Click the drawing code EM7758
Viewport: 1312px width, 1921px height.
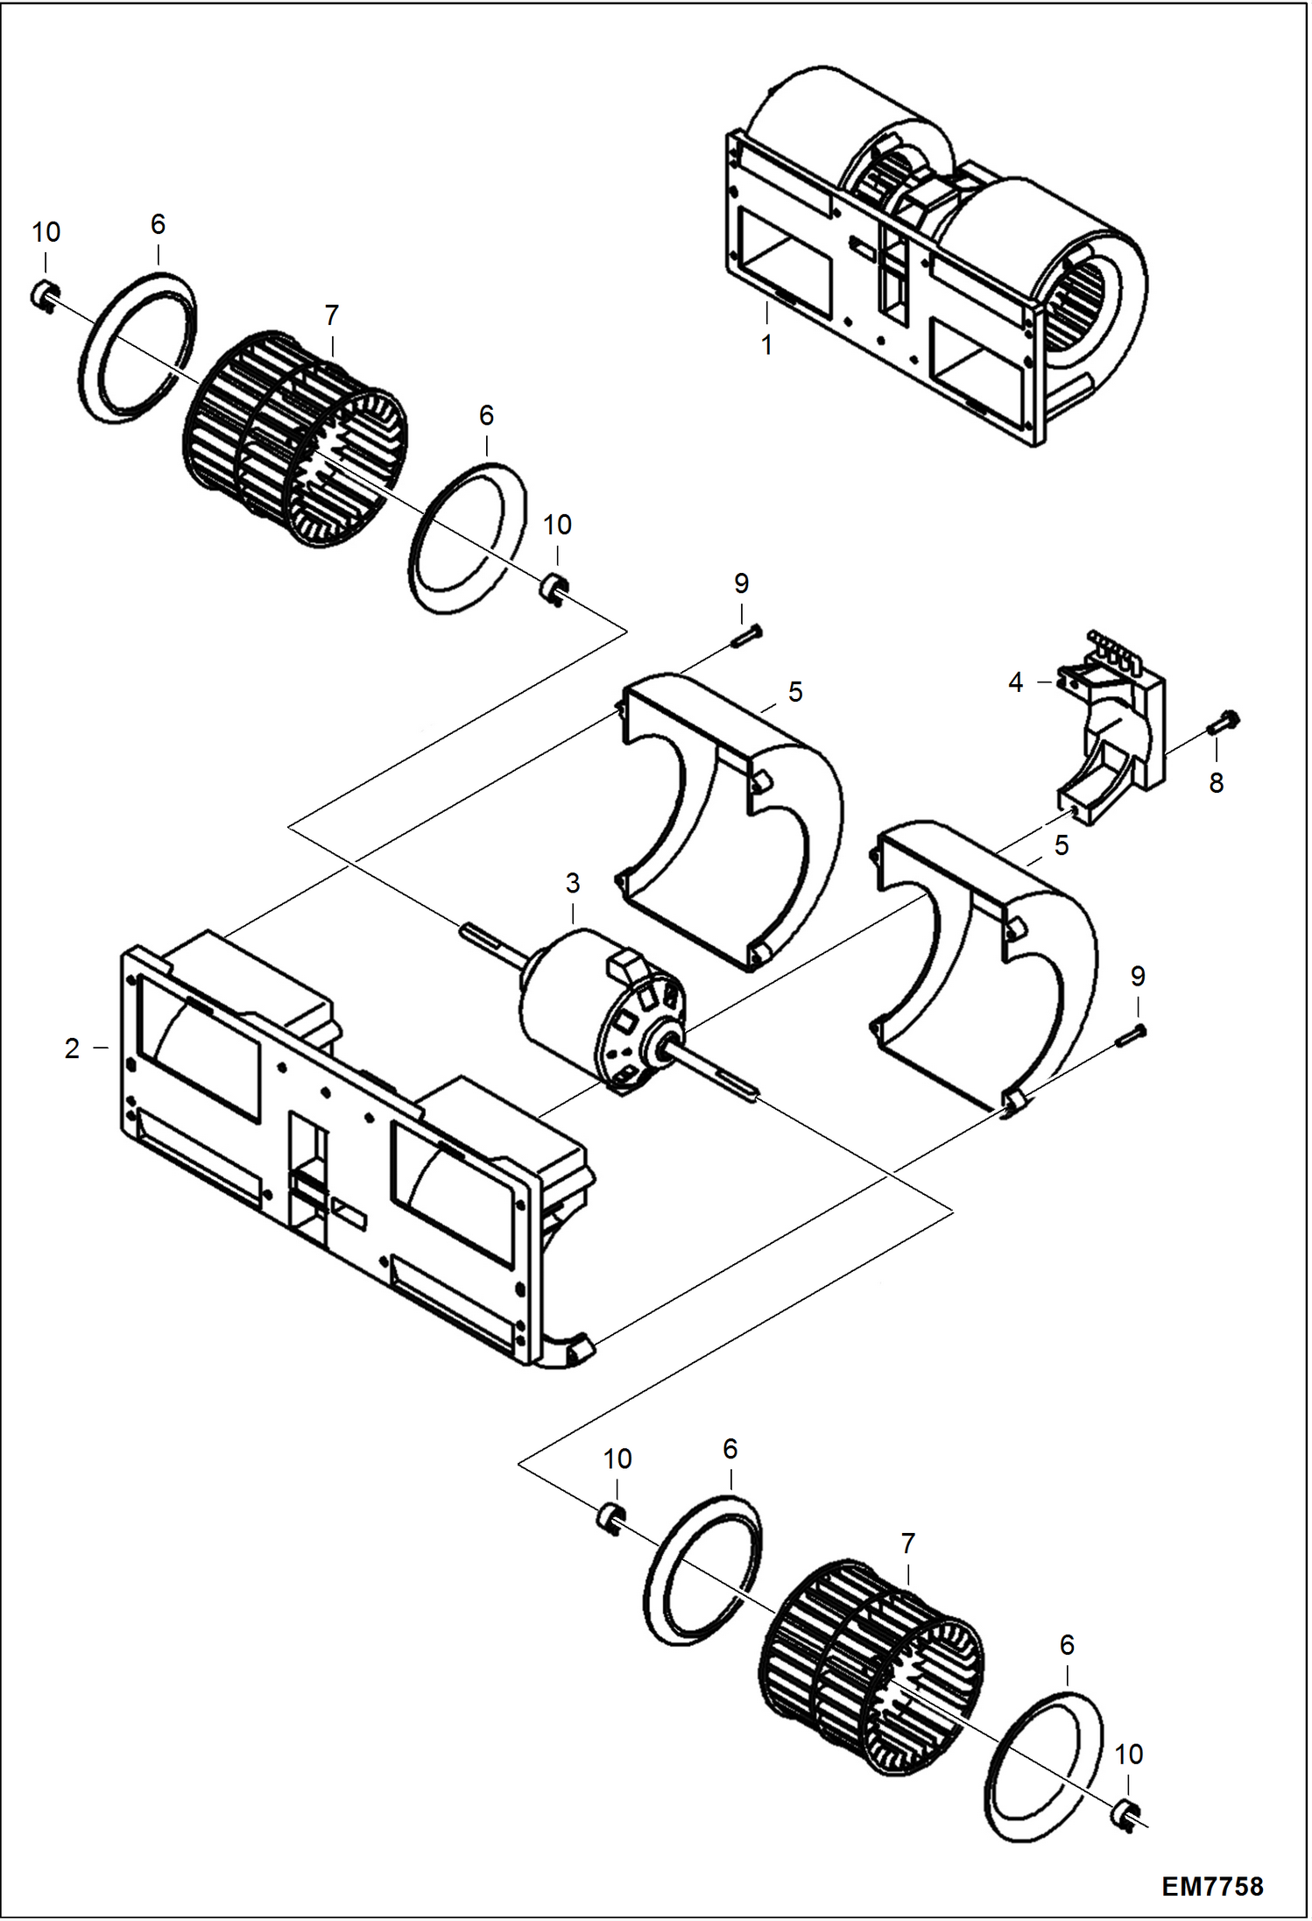pos(1212,1879)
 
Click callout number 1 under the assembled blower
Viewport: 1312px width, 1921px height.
pos(766,345)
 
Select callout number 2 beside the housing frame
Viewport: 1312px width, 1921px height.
pos(72,1048)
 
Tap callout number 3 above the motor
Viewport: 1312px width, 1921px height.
pos(572,883)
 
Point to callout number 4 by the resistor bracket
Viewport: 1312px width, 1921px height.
pos(1015,682)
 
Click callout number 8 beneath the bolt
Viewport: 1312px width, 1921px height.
pos(1216,782)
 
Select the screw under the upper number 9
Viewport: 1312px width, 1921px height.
pos(746,636)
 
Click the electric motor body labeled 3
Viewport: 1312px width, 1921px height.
pos(596,1007)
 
